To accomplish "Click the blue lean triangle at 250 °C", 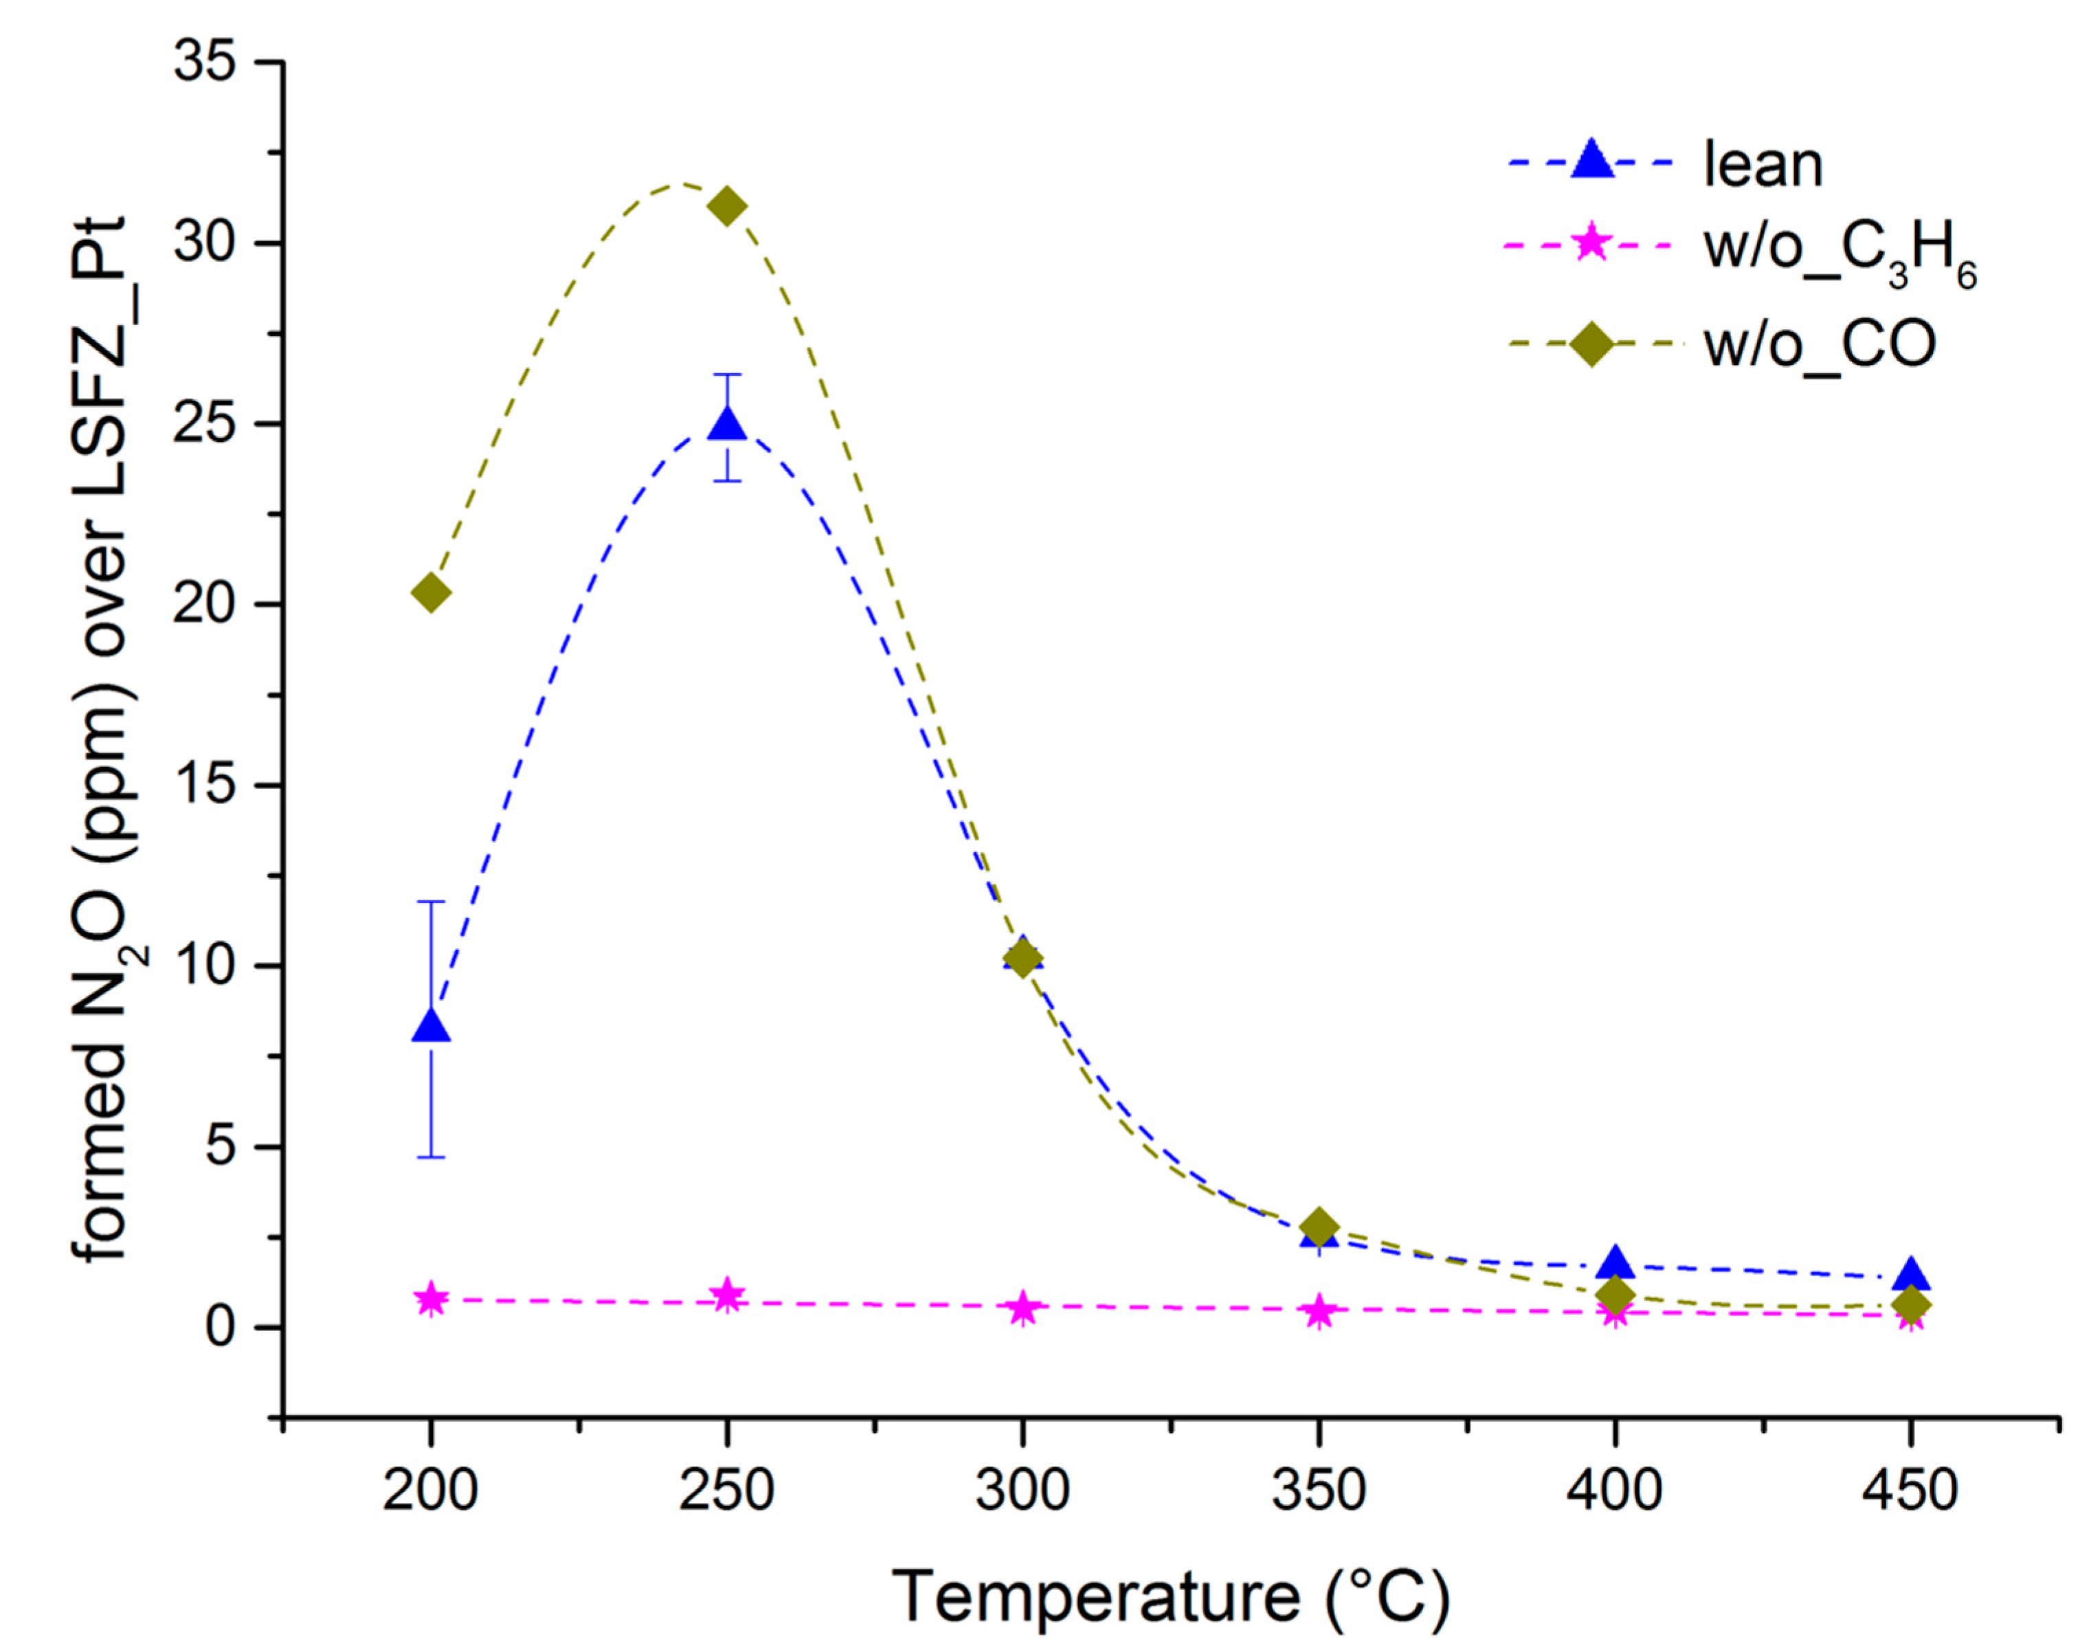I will pos(726,425).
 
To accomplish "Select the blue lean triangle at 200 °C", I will pos(431,1027).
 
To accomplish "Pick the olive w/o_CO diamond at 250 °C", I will pos(726,205).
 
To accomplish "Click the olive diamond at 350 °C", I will pos(1319,1227).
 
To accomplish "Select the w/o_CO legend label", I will pos(1820,345).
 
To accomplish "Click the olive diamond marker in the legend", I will pos(1591,345).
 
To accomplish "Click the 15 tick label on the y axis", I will pos(207,785).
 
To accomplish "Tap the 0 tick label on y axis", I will pos(222,1328).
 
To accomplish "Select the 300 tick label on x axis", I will pos(1022,1491).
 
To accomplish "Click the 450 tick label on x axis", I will pos(1910,1491).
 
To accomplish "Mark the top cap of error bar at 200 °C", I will pos(431,902).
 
